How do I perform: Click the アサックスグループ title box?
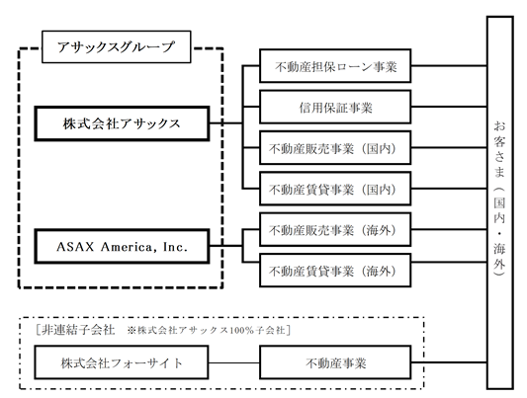coord(117,46)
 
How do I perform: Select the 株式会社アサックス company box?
coord(122,123)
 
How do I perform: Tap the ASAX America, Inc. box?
coord(122,246)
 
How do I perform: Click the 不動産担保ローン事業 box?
coord(335,66)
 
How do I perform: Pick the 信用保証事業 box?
coord(335,107)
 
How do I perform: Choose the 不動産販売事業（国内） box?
coord(335,148)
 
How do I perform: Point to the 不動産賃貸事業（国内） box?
coord(335,189)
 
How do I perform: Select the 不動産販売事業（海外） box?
coord(335,229)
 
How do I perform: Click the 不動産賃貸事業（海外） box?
coord(335,271)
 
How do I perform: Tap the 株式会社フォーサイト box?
coord(122,362)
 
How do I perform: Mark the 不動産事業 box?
coord(335,362)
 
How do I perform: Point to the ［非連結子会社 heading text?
coord(74,330)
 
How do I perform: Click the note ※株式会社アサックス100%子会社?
coord(206,330)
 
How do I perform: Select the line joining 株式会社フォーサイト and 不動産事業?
coord(234,362)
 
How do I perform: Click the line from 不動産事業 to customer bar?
coord(449,362)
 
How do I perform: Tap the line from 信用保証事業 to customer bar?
coord(449,107)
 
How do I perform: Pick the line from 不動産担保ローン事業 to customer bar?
coord(449,66)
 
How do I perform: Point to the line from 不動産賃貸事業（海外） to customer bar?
coord(449,262)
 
